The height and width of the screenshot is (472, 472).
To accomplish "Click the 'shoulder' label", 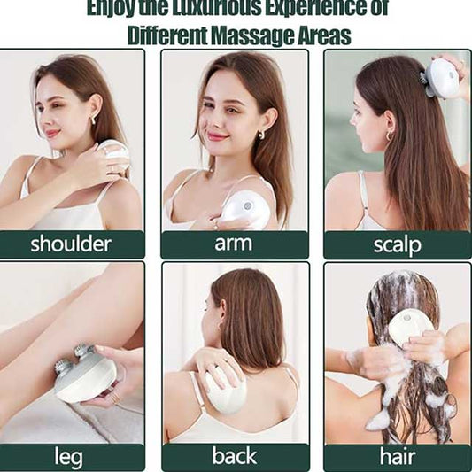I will pyautogui.click(x=72, y=244).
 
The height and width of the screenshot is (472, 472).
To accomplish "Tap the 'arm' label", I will pyautogui.click(x=234, y=244).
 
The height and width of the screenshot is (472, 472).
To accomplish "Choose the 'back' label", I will pyautogui.click(x=234, y=457).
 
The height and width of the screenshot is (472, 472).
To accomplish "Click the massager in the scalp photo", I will pyautogui.click(x=443, y=78).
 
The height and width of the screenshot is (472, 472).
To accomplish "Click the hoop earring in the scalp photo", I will pyautogui.click(x=387, y=136).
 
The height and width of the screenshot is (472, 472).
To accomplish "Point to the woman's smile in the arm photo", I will pyautogui.click(x=217, y=136).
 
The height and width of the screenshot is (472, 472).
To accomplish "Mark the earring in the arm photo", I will pyautogui.click(x=260, y=135).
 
